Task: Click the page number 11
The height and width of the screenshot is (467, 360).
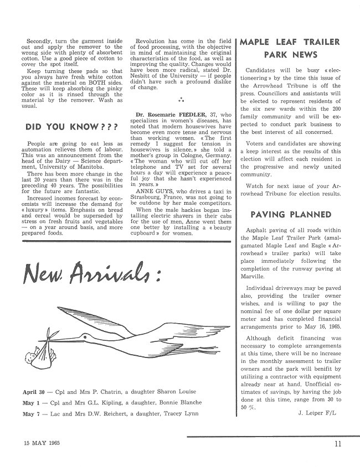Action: click(x=338, y=443)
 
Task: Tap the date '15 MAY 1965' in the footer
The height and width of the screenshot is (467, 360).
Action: click(x=42, y=443)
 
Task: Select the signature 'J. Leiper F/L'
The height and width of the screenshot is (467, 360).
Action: click(x=317, y=412)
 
